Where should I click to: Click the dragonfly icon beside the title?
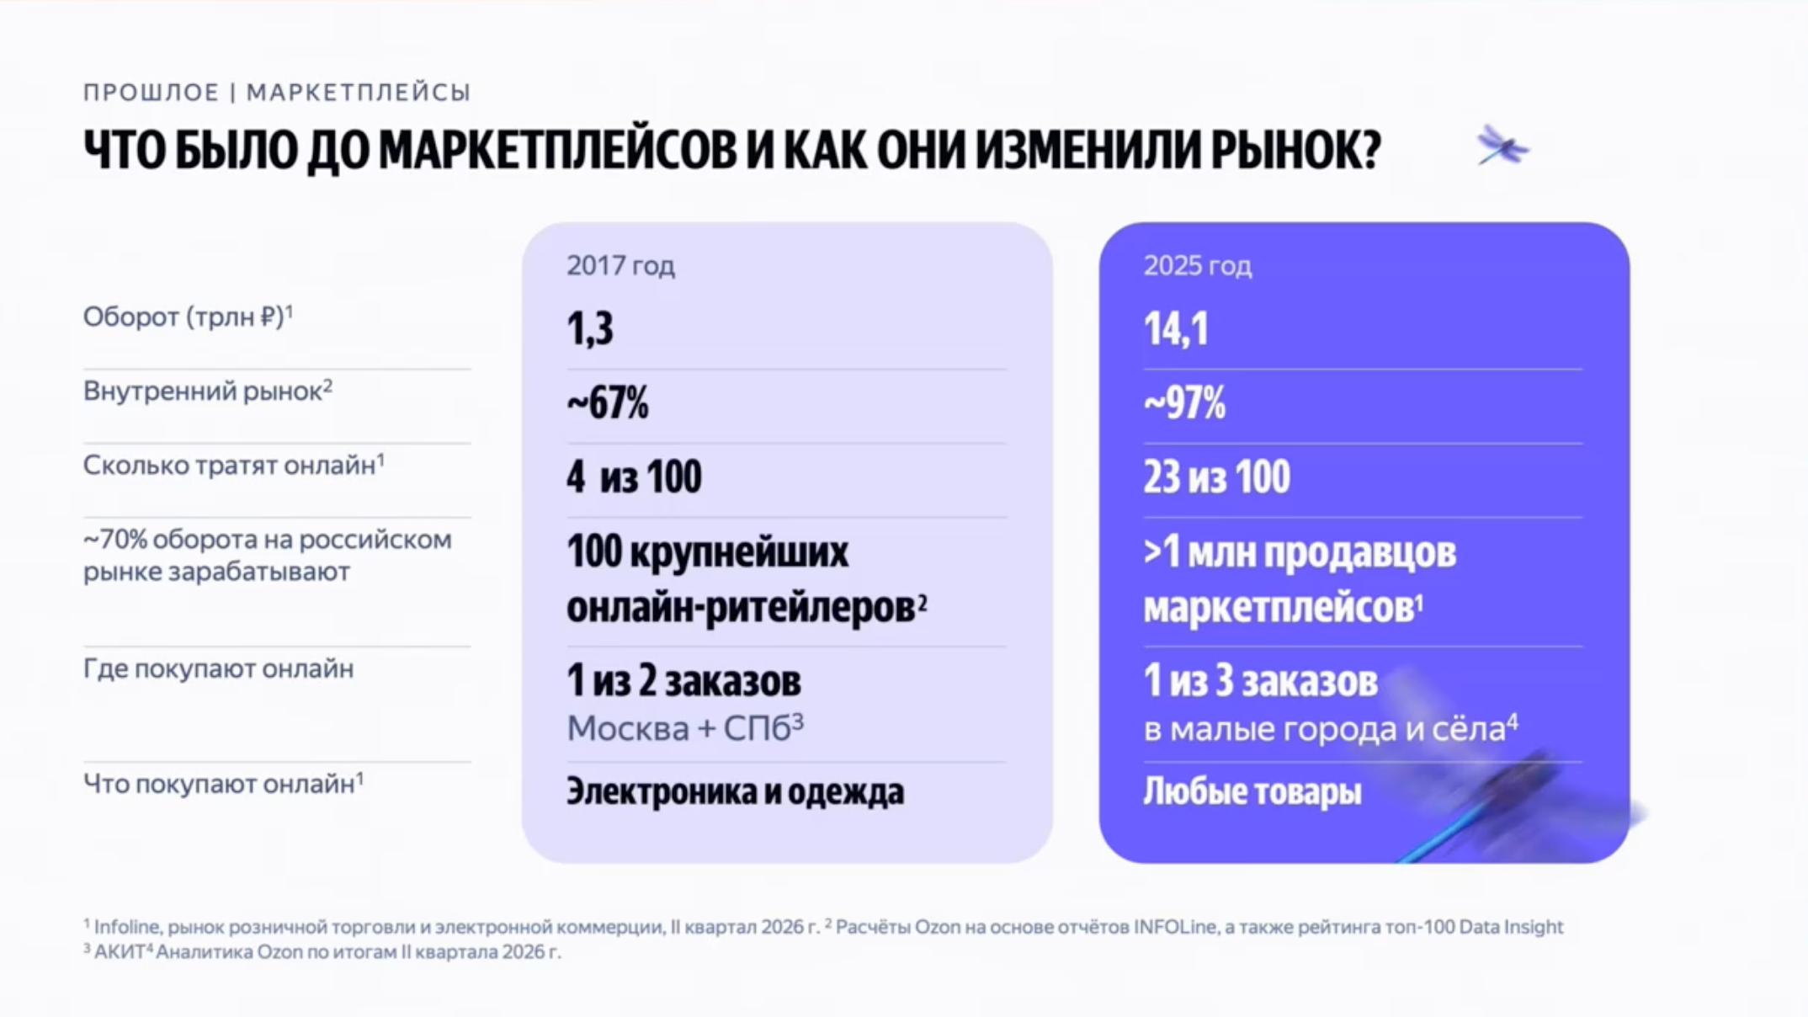tap(1502, 146)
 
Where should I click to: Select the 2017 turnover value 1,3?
tap(590, 328)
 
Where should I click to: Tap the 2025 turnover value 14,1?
tap(1176, 328)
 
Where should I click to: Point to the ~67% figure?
tap(608, 402)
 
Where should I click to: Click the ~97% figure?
tap(1184, 402)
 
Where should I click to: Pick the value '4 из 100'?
tap(634, 477)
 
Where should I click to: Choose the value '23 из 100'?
tap(1216, 477)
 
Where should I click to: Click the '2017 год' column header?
tap(620, 266)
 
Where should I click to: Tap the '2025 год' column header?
tap(1197, 266)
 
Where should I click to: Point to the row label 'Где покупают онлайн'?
tap(218, 668)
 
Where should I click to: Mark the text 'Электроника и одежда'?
tap(735, 791)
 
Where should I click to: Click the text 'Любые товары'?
tap(1252, 791)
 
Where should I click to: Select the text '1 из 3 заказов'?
tap(1260, 680)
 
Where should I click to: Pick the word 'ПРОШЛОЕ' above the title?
tap(151, 92)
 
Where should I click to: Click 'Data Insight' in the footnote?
tap(1511, 927)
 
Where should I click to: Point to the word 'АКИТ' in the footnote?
tap(119, 952)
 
